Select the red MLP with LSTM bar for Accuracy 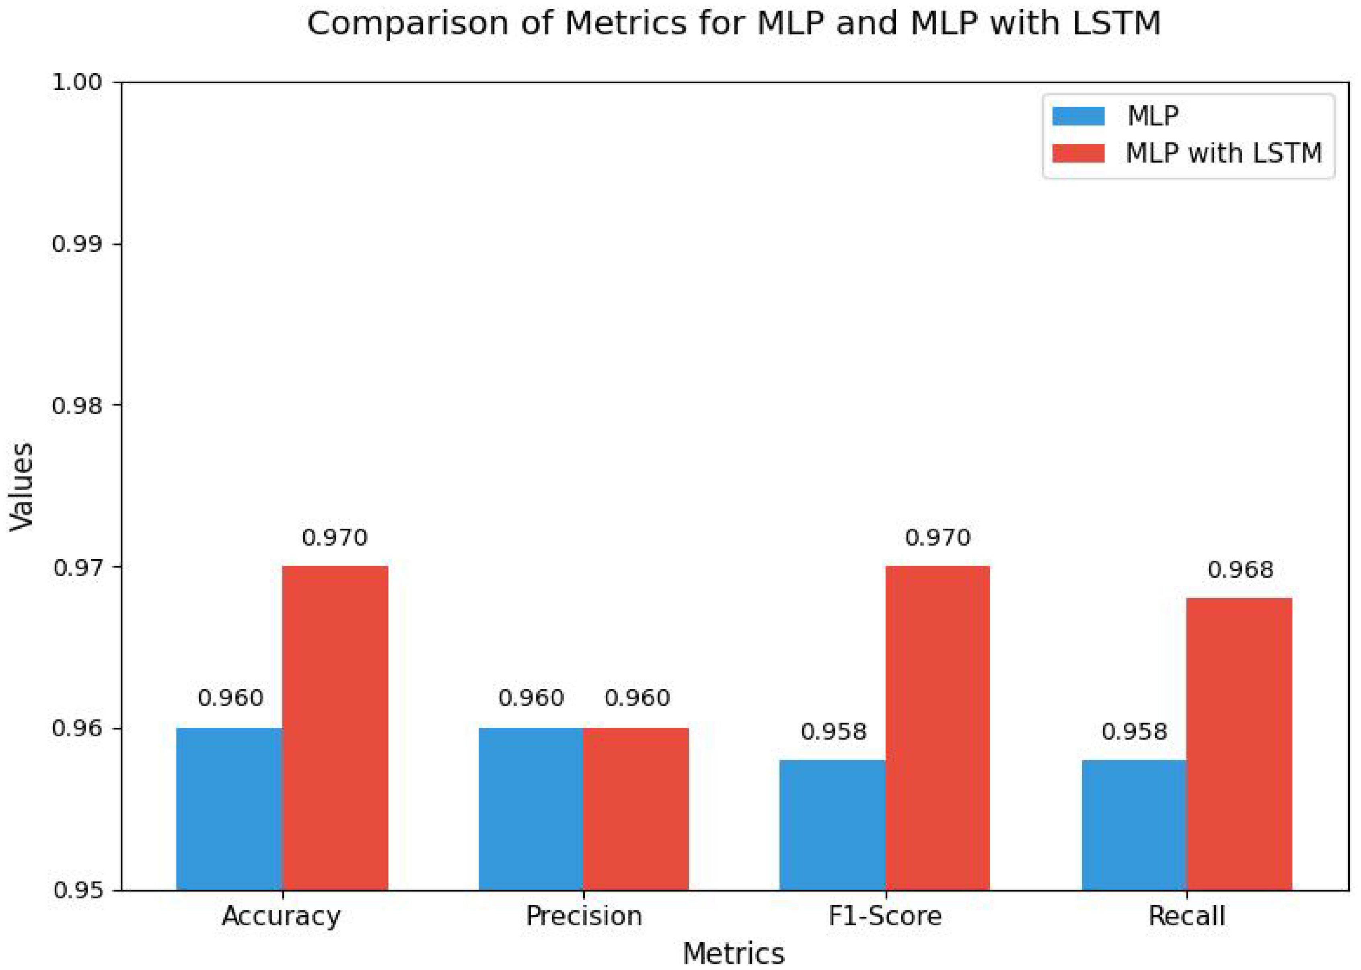click(335, 728)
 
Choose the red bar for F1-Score click(937, 728)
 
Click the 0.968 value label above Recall click(1240, 570)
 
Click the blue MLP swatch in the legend click(1078, 116)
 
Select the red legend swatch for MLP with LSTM click(1078, 153)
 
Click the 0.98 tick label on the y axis click(78, 406)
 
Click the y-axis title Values click(21, 487)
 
